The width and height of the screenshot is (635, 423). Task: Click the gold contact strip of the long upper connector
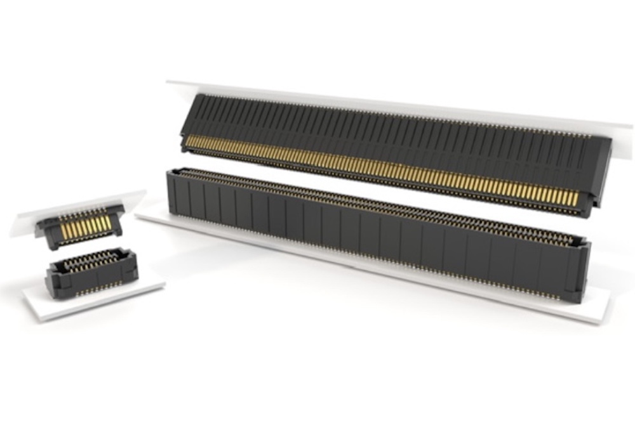pos(381,168)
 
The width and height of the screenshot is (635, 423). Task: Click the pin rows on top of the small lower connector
pos(89,260)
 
